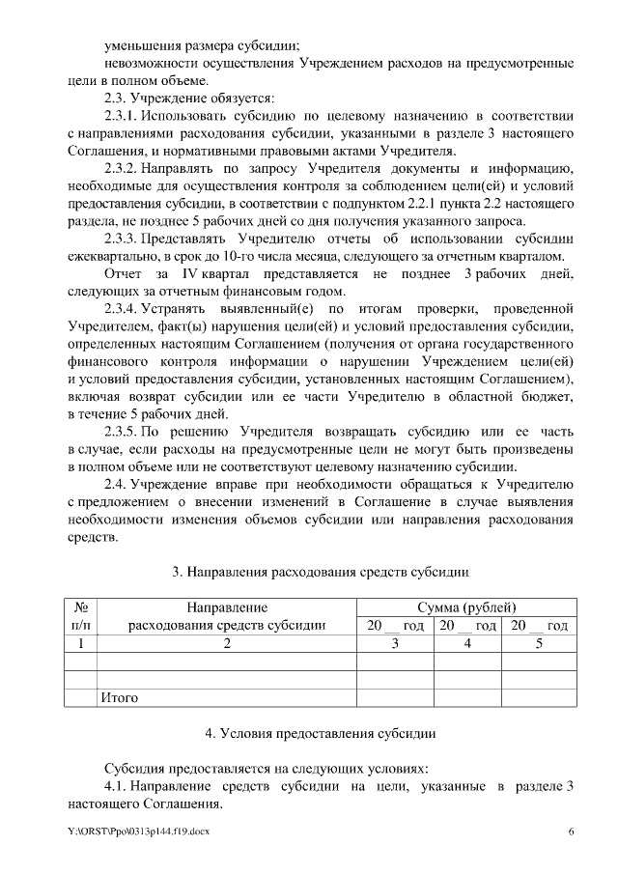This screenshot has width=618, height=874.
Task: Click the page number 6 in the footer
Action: point(571,832)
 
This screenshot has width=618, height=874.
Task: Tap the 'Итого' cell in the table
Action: point(120,696)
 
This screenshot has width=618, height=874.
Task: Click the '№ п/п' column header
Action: point(82,615)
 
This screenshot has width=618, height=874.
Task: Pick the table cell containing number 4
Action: point(467,642)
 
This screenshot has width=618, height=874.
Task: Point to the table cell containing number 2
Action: point(227,642)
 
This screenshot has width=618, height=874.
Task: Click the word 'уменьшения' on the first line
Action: point(144,44)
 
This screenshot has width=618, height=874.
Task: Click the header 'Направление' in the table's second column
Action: point(227,606)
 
